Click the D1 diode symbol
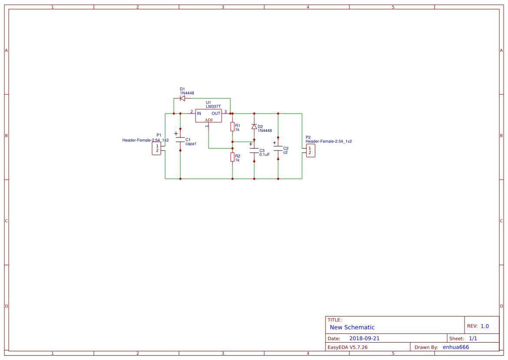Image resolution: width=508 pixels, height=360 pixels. (183, 98)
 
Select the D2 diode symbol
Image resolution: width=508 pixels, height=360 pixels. (254, 127)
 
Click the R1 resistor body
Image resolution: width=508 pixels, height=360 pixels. (232, 127)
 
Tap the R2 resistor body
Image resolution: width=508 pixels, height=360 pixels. (232, 157)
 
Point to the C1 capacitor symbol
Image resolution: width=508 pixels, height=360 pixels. (180, 140)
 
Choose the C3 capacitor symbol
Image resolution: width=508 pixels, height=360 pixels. (254, 150)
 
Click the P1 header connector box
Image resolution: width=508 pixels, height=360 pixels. (157, 148)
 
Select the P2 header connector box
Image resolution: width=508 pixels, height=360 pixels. (310, 150)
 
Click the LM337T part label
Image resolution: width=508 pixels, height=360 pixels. (213, 107)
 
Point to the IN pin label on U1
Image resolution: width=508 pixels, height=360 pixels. (199, 113)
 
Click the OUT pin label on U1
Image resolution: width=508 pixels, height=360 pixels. (216, 113)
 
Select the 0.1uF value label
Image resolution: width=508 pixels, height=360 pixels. (265, 154)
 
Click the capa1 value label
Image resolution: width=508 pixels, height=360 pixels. (191, 143)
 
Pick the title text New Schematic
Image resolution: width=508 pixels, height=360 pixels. (352, 327)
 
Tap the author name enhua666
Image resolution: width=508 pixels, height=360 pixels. (455, 347)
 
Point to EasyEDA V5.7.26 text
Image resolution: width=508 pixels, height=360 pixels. (347, 347)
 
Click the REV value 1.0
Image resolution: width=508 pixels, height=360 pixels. (485, 326)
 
